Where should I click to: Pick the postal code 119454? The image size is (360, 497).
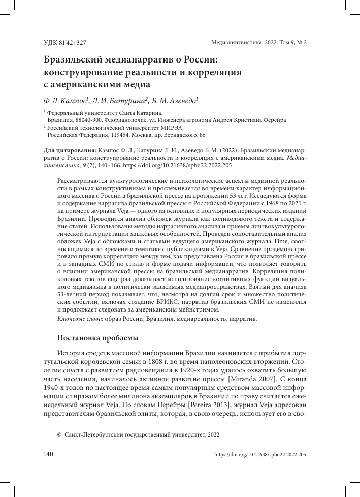(x=119, y=136)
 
